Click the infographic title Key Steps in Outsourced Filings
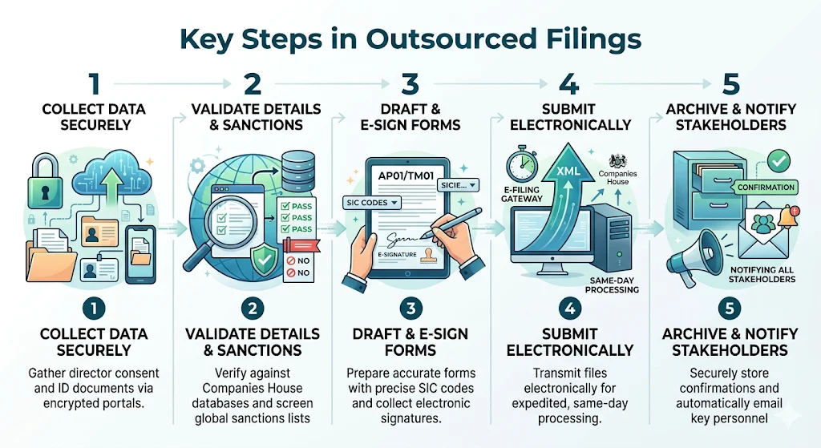(410, 38)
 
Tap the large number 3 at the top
(409, 84)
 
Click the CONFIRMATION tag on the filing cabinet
(765, 187)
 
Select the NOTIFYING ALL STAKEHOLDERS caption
(761, 274)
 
